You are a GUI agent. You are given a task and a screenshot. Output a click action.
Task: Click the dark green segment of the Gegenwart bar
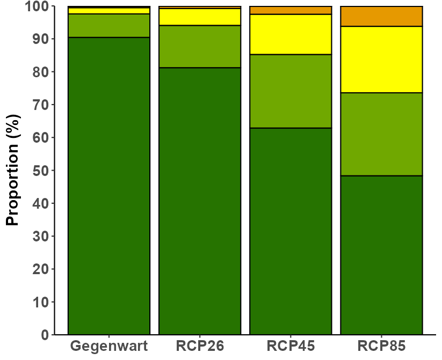click(109, 186)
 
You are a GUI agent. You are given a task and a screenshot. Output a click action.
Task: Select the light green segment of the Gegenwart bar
click(109, 25)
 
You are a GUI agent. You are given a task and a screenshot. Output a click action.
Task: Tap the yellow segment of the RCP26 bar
click(200, 17)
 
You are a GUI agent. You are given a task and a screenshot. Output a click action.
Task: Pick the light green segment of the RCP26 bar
click(200, 47)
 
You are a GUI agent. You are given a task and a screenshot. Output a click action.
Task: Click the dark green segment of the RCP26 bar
click(200, 201)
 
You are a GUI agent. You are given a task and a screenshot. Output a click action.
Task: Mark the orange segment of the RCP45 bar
click(291, 10)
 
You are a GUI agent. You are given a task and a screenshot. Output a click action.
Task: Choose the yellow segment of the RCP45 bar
click(291, 34)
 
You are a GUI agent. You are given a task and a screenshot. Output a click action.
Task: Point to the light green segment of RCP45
click(291, 91)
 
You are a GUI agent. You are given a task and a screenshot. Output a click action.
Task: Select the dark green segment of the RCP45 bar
click(291, 231)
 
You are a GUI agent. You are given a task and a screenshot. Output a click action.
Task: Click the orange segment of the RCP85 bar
click(382, 16)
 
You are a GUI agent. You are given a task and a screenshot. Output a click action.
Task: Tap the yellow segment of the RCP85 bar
click(382, 60)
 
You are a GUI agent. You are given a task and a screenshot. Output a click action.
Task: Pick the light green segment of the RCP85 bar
click(382, 134)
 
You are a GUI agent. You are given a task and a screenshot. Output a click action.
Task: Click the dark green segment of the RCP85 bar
click(382, 255)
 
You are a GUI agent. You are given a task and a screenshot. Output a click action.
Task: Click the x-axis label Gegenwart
click(109, 346)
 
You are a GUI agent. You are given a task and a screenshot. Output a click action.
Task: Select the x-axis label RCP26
click(200, 346)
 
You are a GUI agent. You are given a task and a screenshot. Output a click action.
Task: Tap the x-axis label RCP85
click(382, 346)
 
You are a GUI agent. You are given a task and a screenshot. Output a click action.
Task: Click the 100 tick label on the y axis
click(37, 6)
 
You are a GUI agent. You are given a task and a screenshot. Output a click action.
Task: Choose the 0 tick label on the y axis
click(45, 335)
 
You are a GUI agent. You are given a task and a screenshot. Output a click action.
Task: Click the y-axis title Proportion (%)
click(13, 170)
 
